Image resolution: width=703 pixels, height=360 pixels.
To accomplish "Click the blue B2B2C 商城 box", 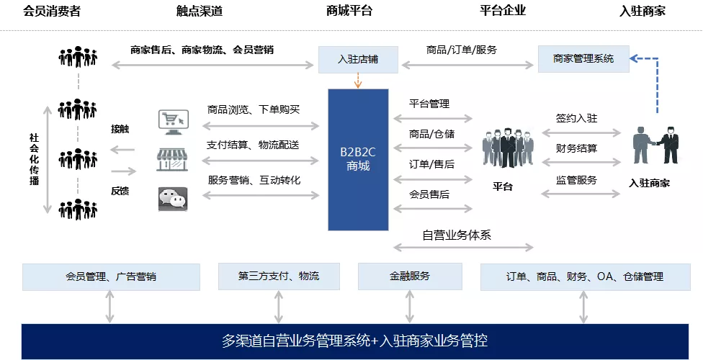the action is tap(358, 160).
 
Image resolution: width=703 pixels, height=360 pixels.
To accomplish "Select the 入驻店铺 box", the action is tap(358, 59).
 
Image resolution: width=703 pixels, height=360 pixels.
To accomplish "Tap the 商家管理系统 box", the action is tap(583, 59).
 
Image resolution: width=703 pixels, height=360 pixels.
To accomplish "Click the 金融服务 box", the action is tap(410, 276).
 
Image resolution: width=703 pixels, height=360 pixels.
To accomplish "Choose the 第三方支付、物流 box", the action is tap(279, 276).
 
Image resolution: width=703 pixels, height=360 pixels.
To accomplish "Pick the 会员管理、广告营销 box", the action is tap(111, 276).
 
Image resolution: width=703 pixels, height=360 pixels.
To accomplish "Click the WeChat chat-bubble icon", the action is tap(173, 199).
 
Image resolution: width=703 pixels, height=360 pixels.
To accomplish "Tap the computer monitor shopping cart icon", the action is tap(174, 122).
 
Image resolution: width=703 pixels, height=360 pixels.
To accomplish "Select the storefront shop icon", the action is tap(172, 160).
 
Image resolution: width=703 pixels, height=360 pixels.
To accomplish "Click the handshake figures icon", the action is tap(655, 145).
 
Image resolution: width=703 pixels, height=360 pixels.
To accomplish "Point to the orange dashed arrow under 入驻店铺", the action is tap(358, 80).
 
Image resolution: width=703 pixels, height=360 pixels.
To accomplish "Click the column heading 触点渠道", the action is tap(200, 11).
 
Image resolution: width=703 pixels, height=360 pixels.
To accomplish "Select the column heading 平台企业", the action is tap(503, 10).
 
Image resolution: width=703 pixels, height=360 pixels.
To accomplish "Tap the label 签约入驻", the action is tap(576, 118).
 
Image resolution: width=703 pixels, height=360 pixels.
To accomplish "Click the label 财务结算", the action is tap(576, 148).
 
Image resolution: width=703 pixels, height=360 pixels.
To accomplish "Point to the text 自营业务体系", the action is tap(457, 235).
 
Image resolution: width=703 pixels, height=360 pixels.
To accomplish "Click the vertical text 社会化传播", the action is tap(34, 159).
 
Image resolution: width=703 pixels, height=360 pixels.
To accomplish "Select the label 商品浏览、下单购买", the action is tap(254, 109).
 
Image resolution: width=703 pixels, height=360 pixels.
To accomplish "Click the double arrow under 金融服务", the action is tap(410, 307).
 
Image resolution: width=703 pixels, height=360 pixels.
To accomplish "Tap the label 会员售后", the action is tap(429, 194).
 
